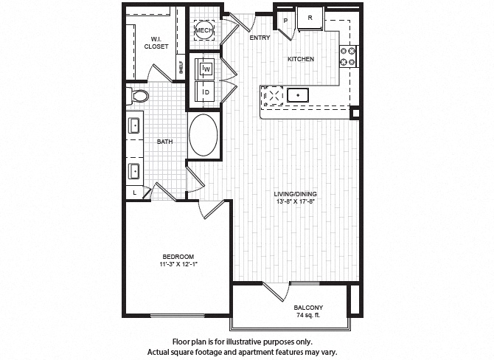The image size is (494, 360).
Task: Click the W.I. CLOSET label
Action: pos(156,43)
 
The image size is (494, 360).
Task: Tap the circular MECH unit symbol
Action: pos(203,30)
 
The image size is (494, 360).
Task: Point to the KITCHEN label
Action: pos(301,59)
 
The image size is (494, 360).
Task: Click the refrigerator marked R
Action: pos(310,17)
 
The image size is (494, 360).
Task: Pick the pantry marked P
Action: pos(285,21)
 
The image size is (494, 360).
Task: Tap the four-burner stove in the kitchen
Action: pos(347,54)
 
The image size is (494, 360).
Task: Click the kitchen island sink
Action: pos(298,94)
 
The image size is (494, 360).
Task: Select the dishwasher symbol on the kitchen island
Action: pos(274,94)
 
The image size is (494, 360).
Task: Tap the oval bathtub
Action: pos(203,134)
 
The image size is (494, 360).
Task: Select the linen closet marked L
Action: pos(135,192)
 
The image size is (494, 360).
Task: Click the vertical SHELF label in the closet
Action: pos(180,67)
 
